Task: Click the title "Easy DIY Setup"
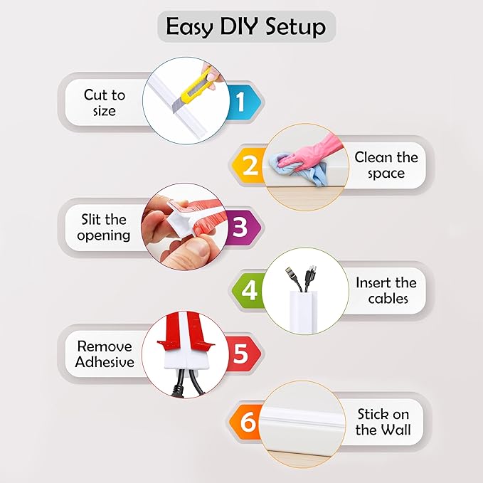click(x=245, y=27)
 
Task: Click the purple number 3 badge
click(x=240, y=228)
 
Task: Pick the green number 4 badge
click(x=249, y=290)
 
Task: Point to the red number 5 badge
click(x=240, y=353)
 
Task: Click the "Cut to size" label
click(x=104, y=102)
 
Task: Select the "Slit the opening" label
click(x=105, y=227)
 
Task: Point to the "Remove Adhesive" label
click(x=105, y=354)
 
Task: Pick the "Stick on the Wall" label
click(x=383, y=422)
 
